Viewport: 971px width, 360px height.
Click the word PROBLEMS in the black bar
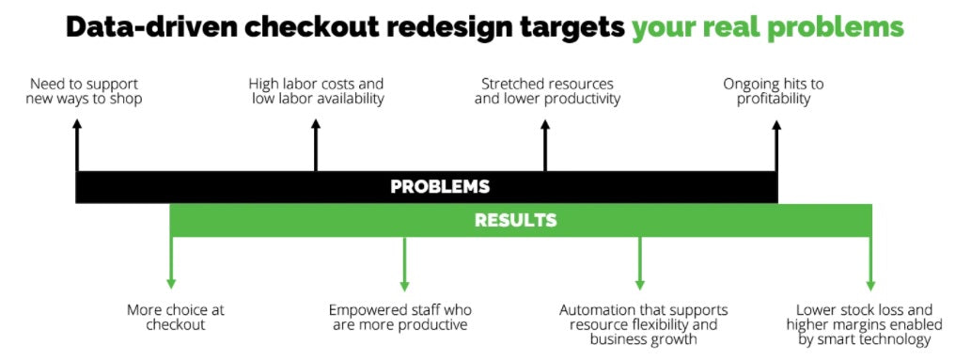point(440,186)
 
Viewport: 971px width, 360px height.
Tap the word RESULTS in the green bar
point(515,221)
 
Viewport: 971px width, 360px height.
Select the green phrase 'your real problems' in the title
point(767,27)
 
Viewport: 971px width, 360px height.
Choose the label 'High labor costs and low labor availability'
point(318,91)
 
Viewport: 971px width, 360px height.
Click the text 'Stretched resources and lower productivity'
point(547,91)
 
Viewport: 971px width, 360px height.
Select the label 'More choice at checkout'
point(176,317)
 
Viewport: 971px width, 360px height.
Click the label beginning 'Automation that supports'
point(643,324)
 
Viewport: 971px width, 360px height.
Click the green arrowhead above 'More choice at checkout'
point(170,283)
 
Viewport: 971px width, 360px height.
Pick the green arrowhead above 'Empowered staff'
point(404,283)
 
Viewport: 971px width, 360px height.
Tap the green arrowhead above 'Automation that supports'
point(639,283)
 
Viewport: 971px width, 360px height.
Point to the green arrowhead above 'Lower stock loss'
point(870,283)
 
